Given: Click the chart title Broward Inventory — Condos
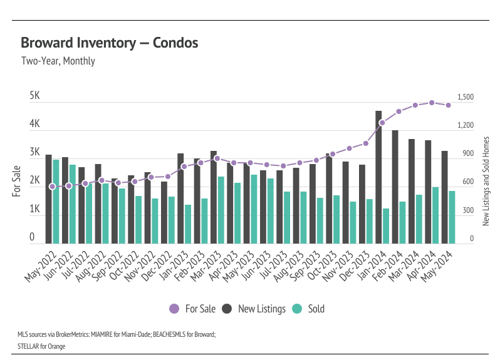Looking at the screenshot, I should point(110,43).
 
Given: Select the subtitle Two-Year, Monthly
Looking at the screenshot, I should point(58,61).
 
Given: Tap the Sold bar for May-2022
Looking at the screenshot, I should point(56,202).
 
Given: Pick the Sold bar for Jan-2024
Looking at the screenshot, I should point(386,226).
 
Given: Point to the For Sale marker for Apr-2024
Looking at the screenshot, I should point(432,103).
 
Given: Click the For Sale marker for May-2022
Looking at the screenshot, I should point(52,187).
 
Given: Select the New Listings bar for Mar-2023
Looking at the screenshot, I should point(214,197).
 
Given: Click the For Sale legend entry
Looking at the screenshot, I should point(193,309).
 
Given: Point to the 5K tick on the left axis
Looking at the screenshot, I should point(35,97).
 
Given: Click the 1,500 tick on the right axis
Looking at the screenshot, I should point(466,98).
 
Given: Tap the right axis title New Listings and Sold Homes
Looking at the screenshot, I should point(486,182).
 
